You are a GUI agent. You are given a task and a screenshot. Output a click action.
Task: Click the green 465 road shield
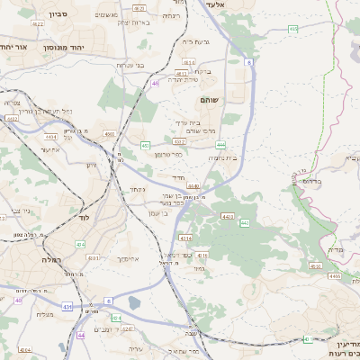293,30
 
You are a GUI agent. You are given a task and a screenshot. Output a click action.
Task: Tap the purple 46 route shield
156,83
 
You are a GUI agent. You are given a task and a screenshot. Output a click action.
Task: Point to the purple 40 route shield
81,335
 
